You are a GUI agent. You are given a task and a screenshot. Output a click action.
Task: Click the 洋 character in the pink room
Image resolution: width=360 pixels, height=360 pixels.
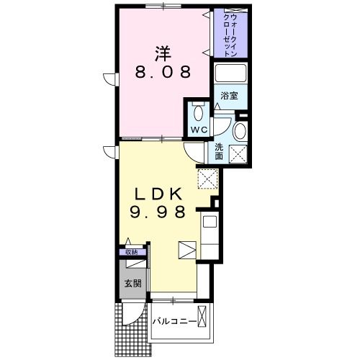click(x=163, y=53)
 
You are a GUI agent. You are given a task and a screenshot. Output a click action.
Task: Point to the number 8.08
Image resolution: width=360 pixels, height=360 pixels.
click(x=164, y=72)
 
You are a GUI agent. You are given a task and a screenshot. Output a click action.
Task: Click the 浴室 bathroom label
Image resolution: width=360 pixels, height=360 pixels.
click(x=230, y=95)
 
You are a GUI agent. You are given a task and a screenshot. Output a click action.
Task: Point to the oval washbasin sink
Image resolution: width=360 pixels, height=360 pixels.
click(x=239, y=131)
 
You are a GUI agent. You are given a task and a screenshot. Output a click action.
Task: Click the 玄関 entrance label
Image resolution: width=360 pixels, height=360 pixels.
click(x=132, y=282)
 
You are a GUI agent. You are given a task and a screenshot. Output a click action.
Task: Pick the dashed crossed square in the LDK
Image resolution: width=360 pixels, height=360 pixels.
click(x=207, y=178)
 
